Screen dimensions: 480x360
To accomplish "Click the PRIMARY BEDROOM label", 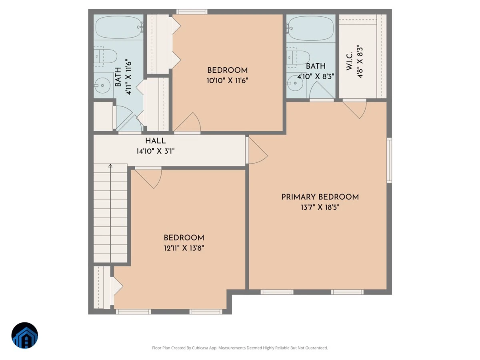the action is [320, 197].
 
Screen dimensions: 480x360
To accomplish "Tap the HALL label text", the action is [156, 141].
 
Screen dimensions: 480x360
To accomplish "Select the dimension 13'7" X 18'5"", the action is [320, 207].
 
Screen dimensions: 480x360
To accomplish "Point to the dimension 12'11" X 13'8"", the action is [184, 248].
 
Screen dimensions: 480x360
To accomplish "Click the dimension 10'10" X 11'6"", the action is [228, 81].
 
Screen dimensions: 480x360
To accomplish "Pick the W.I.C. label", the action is [350, 61].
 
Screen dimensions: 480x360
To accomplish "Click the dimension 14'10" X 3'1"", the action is [156, 151].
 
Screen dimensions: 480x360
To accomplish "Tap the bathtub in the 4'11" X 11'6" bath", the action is [118, 28].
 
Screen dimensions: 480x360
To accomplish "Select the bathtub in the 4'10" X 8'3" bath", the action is [311, 28].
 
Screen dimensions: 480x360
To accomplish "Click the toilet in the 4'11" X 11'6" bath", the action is [105, 56].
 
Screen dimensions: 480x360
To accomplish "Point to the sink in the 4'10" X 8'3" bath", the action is [295, 83].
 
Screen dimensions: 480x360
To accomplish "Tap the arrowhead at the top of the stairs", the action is [110, 166].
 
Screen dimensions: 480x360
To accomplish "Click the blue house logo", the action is [25, 336].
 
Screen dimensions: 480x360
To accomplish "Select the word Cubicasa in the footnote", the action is [200, 348].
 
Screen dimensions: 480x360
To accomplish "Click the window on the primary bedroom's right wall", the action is [389, 160].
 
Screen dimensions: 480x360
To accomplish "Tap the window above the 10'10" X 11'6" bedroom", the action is [192, 12].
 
